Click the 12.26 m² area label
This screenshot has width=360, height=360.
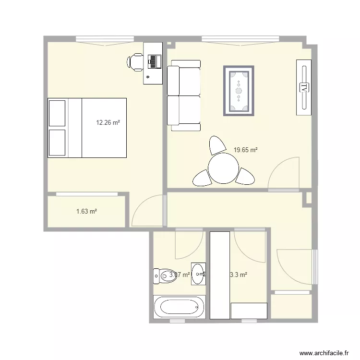click(108, 122)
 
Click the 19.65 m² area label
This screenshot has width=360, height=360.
click(246, 150)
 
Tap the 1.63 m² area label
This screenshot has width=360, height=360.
click(87, 211)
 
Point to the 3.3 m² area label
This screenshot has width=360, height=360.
click(239, 275)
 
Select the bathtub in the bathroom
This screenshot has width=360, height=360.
click(179, 307)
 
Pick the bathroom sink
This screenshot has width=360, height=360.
click(198, 274)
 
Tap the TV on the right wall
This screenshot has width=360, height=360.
click(304, 87)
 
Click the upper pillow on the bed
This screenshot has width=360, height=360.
click(57, 112)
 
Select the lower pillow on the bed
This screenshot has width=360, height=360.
click(57, 142)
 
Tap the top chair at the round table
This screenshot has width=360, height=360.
click(217, 144)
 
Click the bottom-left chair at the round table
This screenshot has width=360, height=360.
click(202, 178)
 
